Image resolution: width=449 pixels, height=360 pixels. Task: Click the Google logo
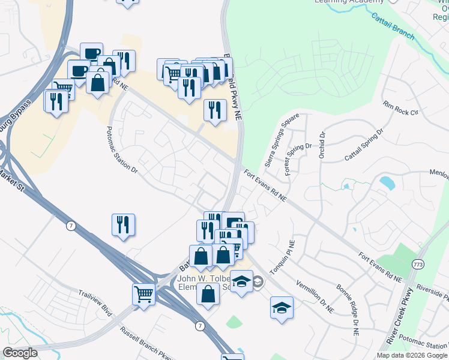[20, 353]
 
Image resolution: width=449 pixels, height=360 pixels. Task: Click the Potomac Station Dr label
[122, 149]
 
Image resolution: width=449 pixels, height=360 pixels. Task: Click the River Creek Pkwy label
[400, 316]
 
